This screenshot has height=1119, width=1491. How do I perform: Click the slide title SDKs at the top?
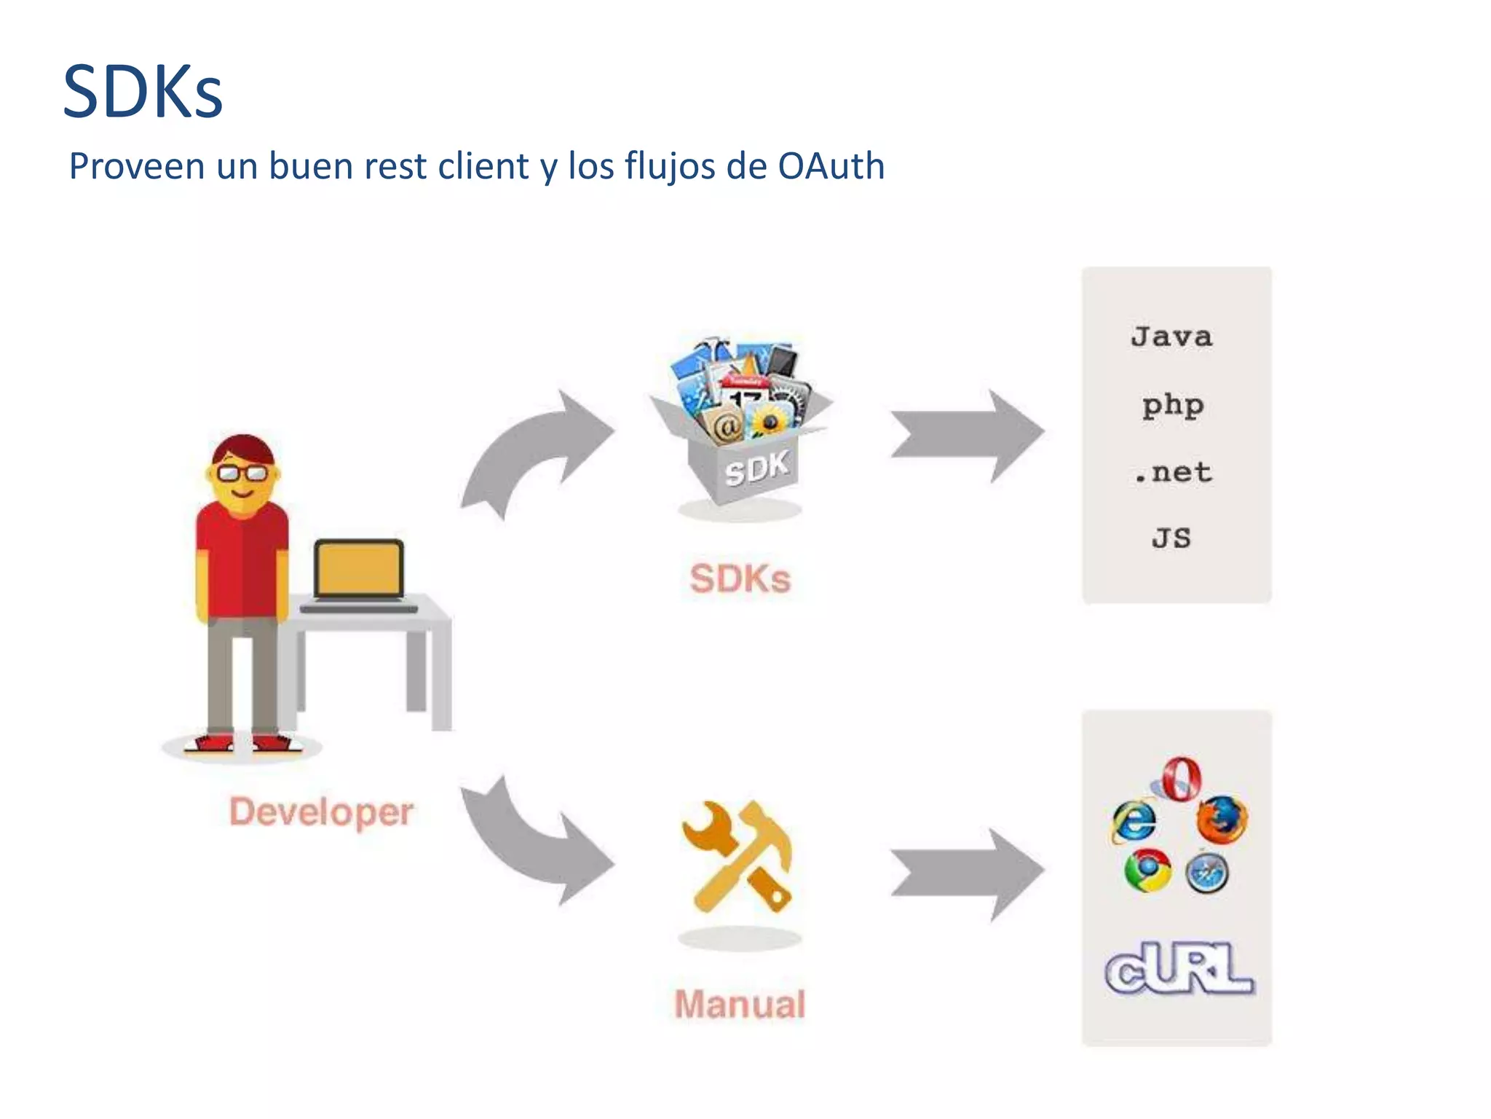pos(143,93)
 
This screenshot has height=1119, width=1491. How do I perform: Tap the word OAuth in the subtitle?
pos(831,166)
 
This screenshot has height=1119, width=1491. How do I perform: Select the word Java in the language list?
pos(1171,337)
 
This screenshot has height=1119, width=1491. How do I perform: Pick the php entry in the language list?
pos(1172,405)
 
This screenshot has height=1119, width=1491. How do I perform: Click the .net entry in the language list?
pos(1172,473)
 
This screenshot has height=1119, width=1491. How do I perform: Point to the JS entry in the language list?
pos(1171,538)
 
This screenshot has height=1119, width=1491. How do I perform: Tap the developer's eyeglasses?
pos(242,474)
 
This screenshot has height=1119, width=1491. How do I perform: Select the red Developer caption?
pos(321,812)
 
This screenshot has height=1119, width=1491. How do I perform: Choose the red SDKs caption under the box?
pos(740,579)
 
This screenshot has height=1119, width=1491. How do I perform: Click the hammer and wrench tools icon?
pos(738,857)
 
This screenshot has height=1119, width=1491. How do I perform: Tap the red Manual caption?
pos(740,1004)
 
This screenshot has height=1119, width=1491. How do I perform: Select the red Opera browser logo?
pos(1180,779)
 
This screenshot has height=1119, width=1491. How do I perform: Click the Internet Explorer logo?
pos(1134,822)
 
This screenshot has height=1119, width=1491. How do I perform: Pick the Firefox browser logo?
pos(1222,820)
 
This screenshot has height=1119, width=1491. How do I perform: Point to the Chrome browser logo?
pos(1147,870)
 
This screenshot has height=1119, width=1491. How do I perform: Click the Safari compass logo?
pos(1207,873)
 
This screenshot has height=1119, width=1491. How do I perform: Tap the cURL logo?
pos(1179,968)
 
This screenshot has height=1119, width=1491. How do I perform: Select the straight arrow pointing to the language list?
pos(967,436)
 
